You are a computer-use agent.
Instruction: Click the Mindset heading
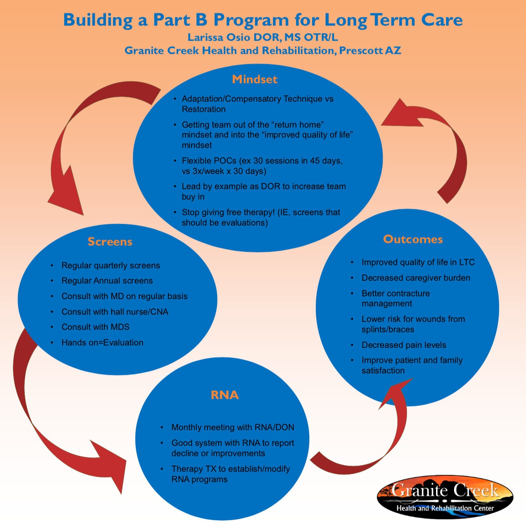pos(255,79)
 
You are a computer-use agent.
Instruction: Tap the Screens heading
pos(110,241)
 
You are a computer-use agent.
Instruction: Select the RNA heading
pos(225,395)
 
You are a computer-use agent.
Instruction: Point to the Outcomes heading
pos(413,239)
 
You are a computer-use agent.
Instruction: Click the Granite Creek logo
pos(445,497)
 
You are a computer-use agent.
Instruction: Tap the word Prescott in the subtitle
pos(361,51)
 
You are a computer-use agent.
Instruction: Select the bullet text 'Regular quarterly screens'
pos(111,265)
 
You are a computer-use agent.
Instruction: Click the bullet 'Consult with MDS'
pos(96,327)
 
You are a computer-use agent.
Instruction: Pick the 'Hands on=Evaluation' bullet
pos(102,343)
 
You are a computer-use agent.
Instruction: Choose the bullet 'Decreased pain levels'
pos(404,345)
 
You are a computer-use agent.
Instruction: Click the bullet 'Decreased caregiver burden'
pos(416,278)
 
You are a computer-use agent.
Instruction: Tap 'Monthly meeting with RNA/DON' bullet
pos(233,427)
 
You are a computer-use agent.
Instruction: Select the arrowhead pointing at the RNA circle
pos(110,464)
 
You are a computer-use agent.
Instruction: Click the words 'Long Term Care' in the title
pos(394,20)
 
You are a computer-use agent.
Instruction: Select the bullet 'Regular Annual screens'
pos(107,281)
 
